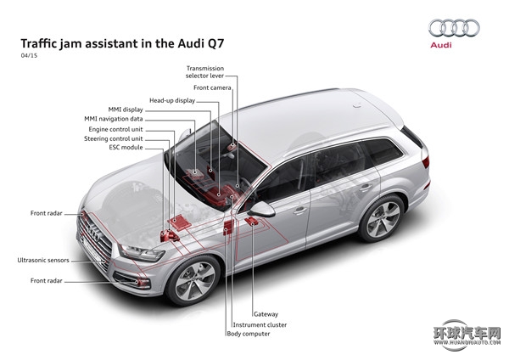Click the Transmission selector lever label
pos(204,72)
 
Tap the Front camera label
pos(212,87)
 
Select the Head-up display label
pos(172,101)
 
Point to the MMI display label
pos(126,110)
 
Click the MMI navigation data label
pos(114,119)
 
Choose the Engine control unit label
pos(115,129)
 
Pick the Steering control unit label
pos(114,138)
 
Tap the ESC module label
pos(126,147)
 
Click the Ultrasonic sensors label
pos(43,260)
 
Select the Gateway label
pos(266,314)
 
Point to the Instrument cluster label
pos(260,324)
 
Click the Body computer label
pos(249,334)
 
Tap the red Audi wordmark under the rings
pos(441,45)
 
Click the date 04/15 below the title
pos(29,55)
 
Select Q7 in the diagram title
pos(215,43)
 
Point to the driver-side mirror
pos(262,209)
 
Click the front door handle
pos(300,211)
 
